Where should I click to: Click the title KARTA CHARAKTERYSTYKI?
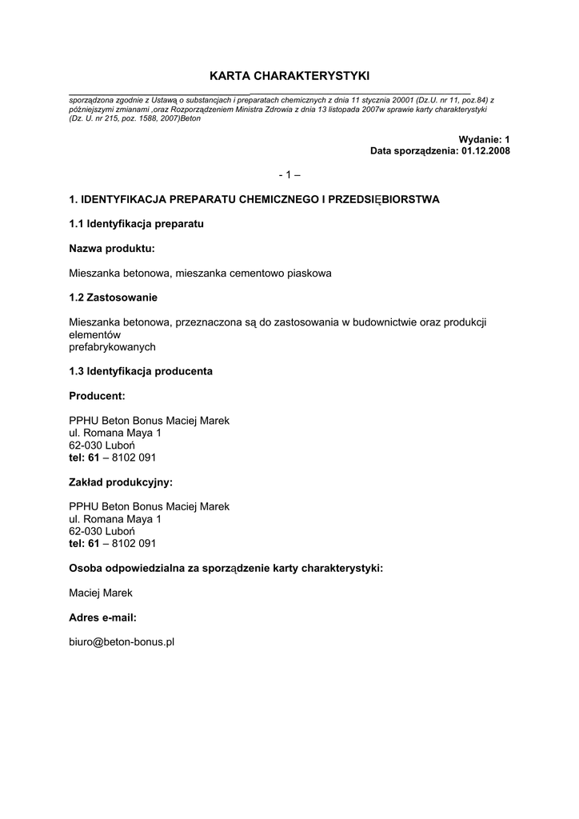pos(289,76)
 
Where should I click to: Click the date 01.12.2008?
pos(485,150)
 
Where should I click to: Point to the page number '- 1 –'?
pos(289,174)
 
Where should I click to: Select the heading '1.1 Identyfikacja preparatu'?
pos(136,224)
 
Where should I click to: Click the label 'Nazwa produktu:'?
pos(112,249)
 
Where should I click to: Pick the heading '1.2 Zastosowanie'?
pos(114,298)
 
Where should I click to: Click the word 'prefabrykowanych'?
pos(112,347)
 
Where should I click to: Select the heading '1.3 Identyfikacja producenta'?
pos(141,371)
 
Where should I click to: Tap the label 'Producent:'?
pos(98,396)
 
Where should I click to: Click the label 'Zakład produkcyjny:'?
pos(121,482)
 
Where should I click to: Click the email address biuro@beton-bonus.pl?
pos(122,641)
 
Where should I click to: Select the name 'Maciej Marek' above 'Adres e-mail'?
pos(101,593)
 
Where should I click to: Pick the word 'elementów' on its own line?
pos(94,334)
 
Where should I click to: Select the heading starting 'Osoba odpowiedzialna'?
pos(226,568)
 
